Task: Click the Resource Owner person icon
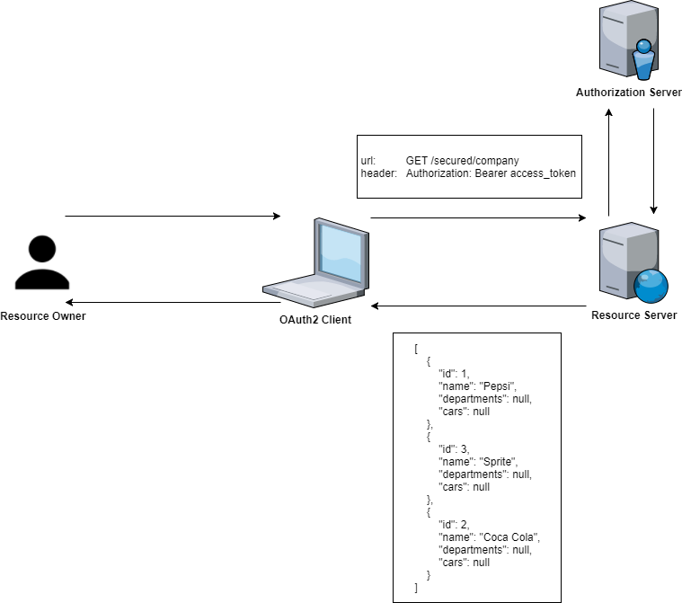(42, 262)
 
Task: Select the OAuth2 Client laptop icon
(316, 262)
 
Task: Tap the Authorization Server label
(629, 93)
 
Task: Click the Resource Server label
(633, 315)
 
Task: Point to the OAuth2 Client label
(315, 319)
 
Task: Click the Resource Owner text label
(43, 315)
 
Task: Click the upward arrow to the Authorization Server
(609, 162)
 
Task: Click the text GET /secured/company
(462, 161)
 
